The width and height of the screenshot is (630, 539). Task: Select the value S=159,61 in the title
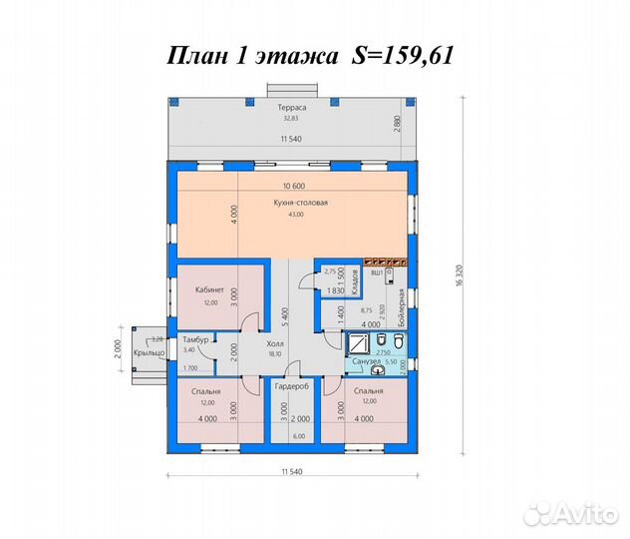404,58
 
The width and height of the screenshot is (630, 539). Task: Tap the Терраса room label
291,107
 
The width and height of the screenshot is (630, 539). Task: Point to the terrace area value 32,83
291,119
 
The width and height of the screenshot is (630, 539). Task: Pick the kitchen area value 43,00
294,215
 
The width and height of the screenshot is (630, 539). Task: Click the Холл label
275,342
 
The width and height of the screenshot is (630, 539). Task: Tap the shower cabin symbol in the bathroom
356,343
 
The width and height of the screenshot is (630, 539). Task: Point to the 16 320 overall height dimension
462,282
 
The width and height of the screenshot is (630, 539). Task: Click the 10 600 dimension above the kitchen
293,186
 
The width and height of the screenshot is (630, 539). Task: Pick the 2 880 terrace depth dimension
397,127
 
